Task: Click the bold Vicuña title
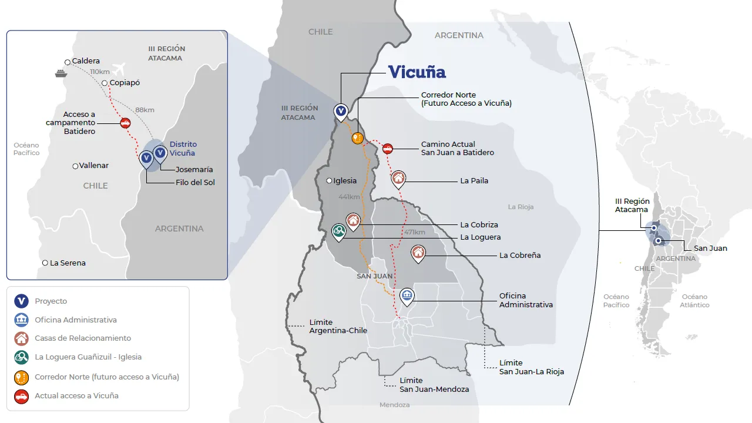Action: coord(417,72)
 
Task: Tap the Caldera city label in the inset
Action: coord(86,61)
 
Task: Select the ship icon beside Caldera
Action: coord(60,73)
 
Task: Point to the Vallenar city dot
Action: coord(75,166)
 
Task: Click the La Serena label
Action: coord(68,263)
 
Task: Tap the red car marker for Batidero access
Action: coord(125,123)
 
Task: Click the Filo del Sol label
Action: coord(195,183)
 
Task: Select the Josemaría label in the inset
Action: coord(194,170)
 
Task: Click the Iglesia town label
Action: coord(345,181)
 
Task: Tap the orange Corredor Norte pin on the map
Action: coord(357,138)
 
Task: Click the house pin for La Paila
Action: coord(398,178)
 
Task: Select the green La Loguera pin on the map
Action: coord(338,231)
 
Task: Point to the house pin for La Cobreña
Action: coord(418,253)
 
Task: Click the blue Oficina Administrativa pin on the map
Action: coord(407,296)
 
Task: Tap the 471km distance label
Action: coord(414,233)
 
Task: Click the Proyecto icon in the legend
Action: coord(22,301)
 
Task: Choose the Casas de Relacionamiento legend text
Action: coord(83,338)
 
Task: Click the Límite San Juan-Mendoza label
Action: coord(434,385)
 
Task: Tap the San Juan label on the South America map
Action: coord(710,249)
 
